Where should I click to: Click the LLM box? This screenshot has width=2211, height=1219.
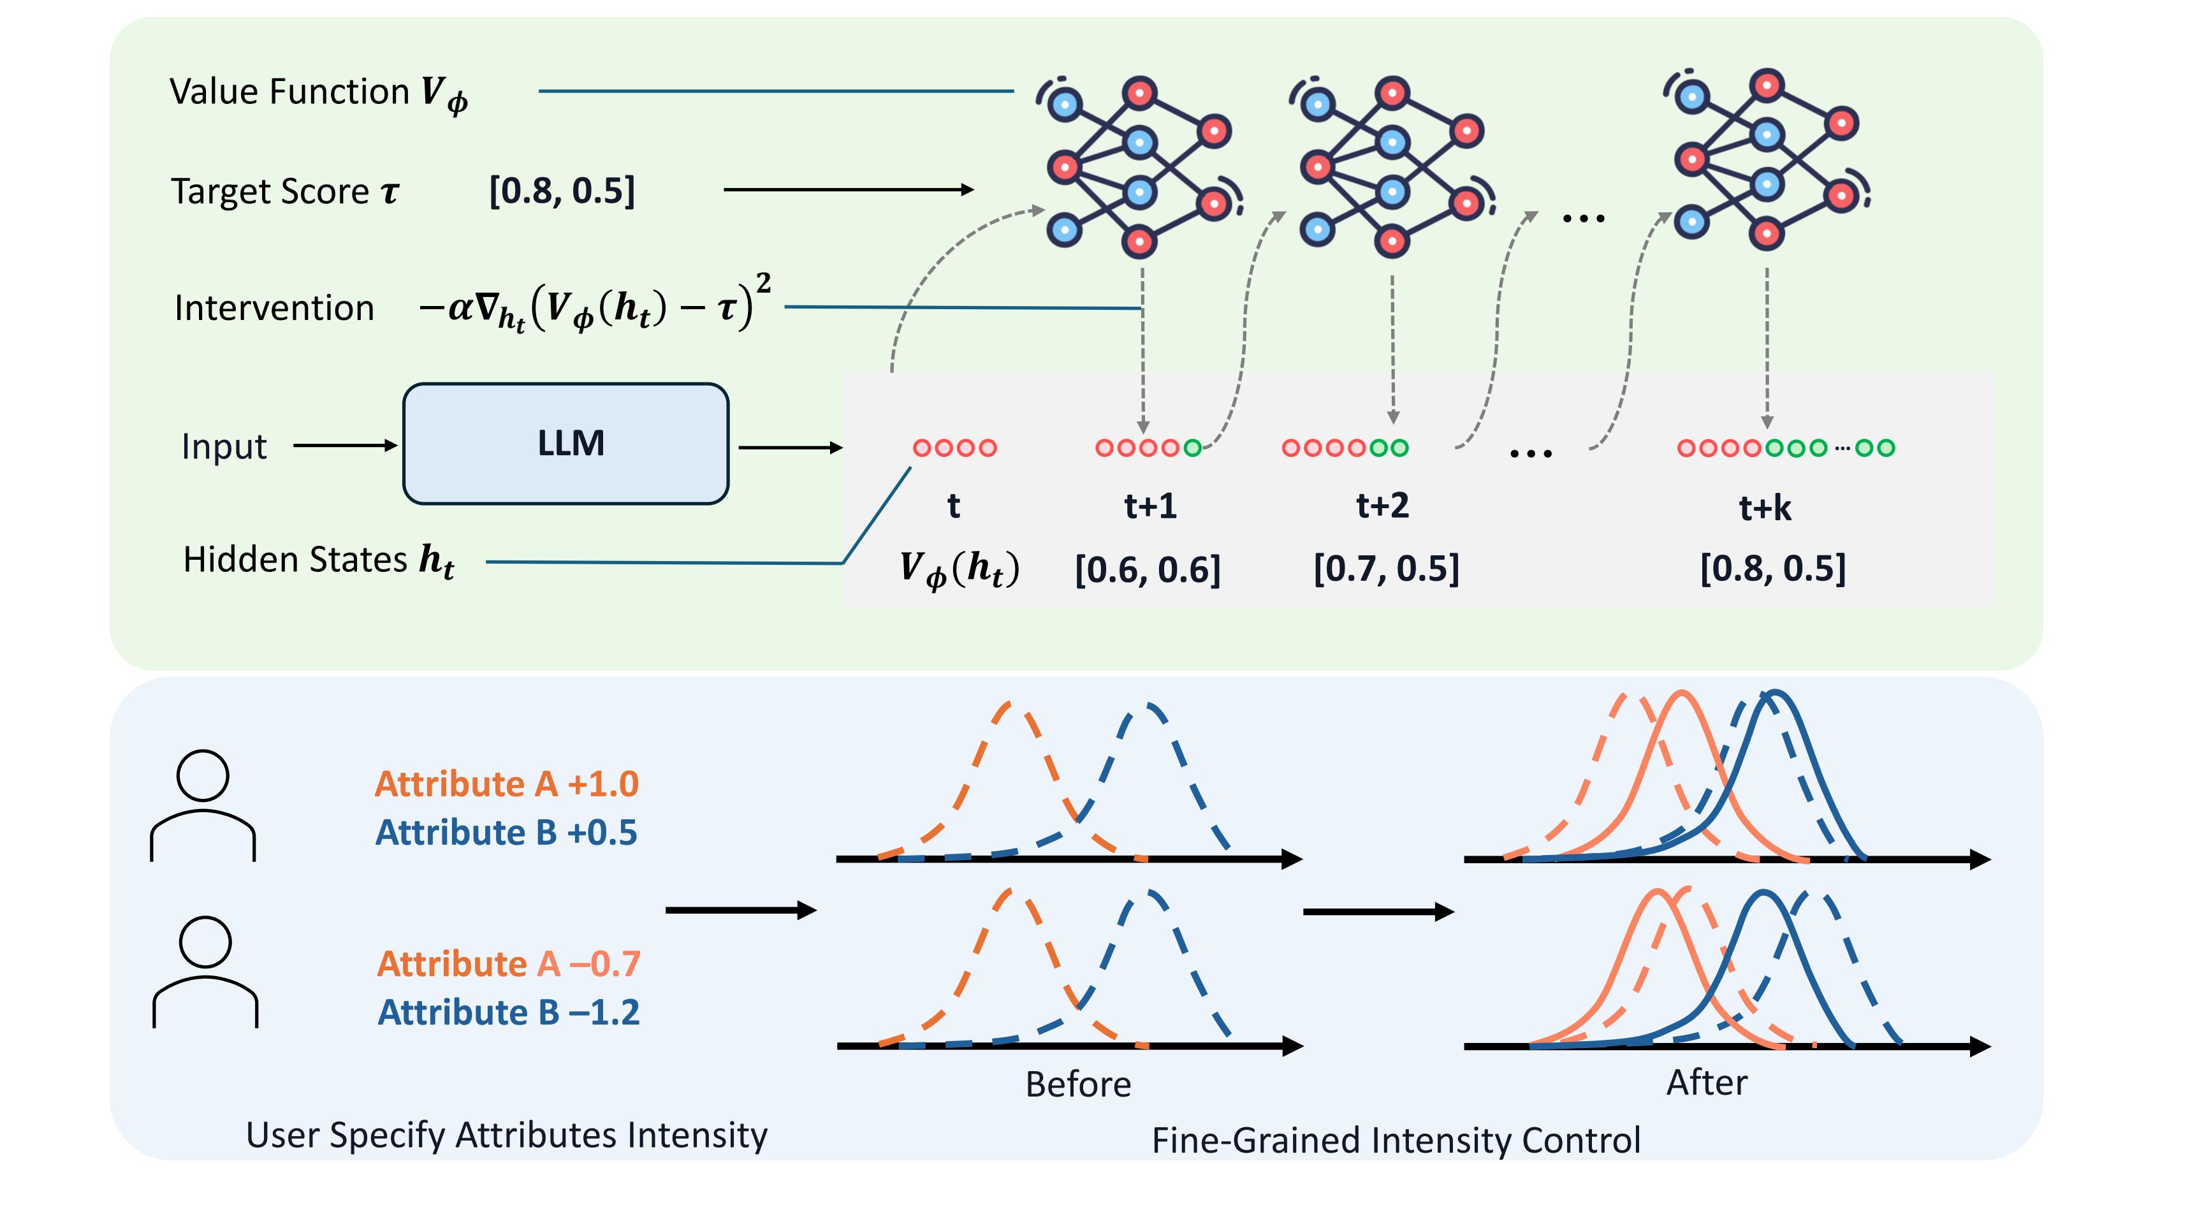coord(566,443)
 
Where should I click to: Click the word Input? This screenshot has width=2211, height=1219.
coord(224,446)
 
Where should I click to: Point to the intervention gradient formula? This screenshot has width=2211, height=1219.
coord(594,305)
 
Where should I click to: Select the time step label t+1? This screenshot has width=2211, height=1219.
coord(1150,506)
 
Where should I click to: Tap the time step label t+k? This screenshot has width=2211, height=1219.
coord(1765,507)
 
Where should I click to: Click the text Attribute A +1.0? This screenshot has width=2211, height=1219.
coord(506,784)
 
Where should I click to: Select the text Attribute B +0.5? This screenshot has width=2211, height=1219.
coord(506,832)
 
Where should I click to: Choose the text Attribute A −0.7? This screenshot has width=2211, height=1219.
coord(508,963)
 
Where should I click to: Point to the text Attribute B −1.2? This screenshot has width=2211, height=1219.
coord(508,1012)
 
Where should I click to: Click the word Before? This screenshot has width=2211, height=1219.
coord(1078,1084)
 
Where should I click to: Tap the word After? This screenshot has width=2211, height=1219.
coord(1706,1083)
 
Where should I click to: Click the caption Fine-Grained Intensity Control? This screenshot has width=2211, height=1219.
coord(1396,1140)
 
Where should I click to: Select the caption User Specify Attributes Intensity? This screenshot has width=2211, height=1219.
coord(506,1135)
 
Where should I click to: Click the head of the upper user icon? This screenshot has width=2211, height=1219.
coord(203,775)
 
